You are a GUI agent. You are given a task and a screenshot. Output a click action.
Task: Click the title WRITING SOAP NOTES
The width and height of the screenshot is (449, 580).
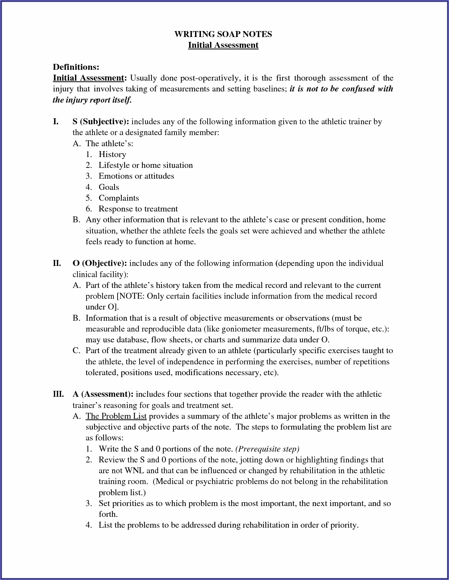pos(223,34)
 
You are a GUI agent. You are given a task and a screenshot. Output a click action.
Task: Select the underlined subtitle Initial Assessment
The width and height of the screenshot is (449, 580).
pos(223,45)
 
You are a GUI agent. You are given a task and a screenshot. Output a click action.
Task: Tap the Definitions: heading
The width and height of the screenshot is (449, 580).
pos(76,67)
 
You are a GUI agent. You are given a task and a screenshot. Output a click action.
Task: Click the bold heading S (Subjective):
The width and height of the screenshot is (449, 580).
pos(101,121)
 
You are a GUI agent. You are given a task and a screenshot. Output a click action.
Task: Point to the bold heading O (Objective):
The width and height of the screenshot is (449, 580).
pos(100,263)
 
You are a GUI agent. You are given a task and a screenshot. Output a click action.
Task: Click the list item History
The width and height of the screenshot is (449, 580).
pos(112,154)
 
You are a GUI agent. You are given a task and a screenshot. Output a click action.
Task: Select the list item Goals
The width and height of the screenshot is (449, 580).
pos(109,187)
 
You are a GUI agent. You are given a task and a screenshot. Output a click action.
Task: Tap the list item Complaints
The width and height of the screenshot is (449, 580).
pos(119,198)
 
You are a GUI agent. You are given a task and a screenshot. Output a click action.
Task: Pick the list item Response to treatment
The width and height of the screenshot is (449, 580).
pos(138,209)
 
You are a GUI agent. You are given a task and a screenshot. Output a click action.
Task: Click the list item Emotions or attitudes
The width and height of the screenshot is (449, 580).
pos(136,176)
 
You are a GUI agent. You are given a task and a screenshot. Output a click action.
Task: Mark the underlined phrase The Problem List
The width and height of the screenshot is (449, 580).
pos(116,416)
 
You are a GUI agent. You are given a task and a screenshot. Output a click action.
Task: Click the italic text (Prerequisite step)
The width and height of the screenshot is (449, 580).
pos(267,449)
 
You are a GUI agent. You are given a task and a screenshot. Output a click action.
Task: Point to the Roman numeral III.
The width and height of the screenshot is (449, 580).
pos(58,394)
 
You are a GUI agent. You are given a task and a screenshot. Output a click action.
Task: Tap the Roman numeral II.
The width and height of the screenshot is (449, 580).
pos(57,263)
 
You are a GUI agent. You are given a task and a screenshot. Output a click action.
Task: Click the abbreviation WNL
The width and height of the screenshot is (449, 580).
pos(134,470)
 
